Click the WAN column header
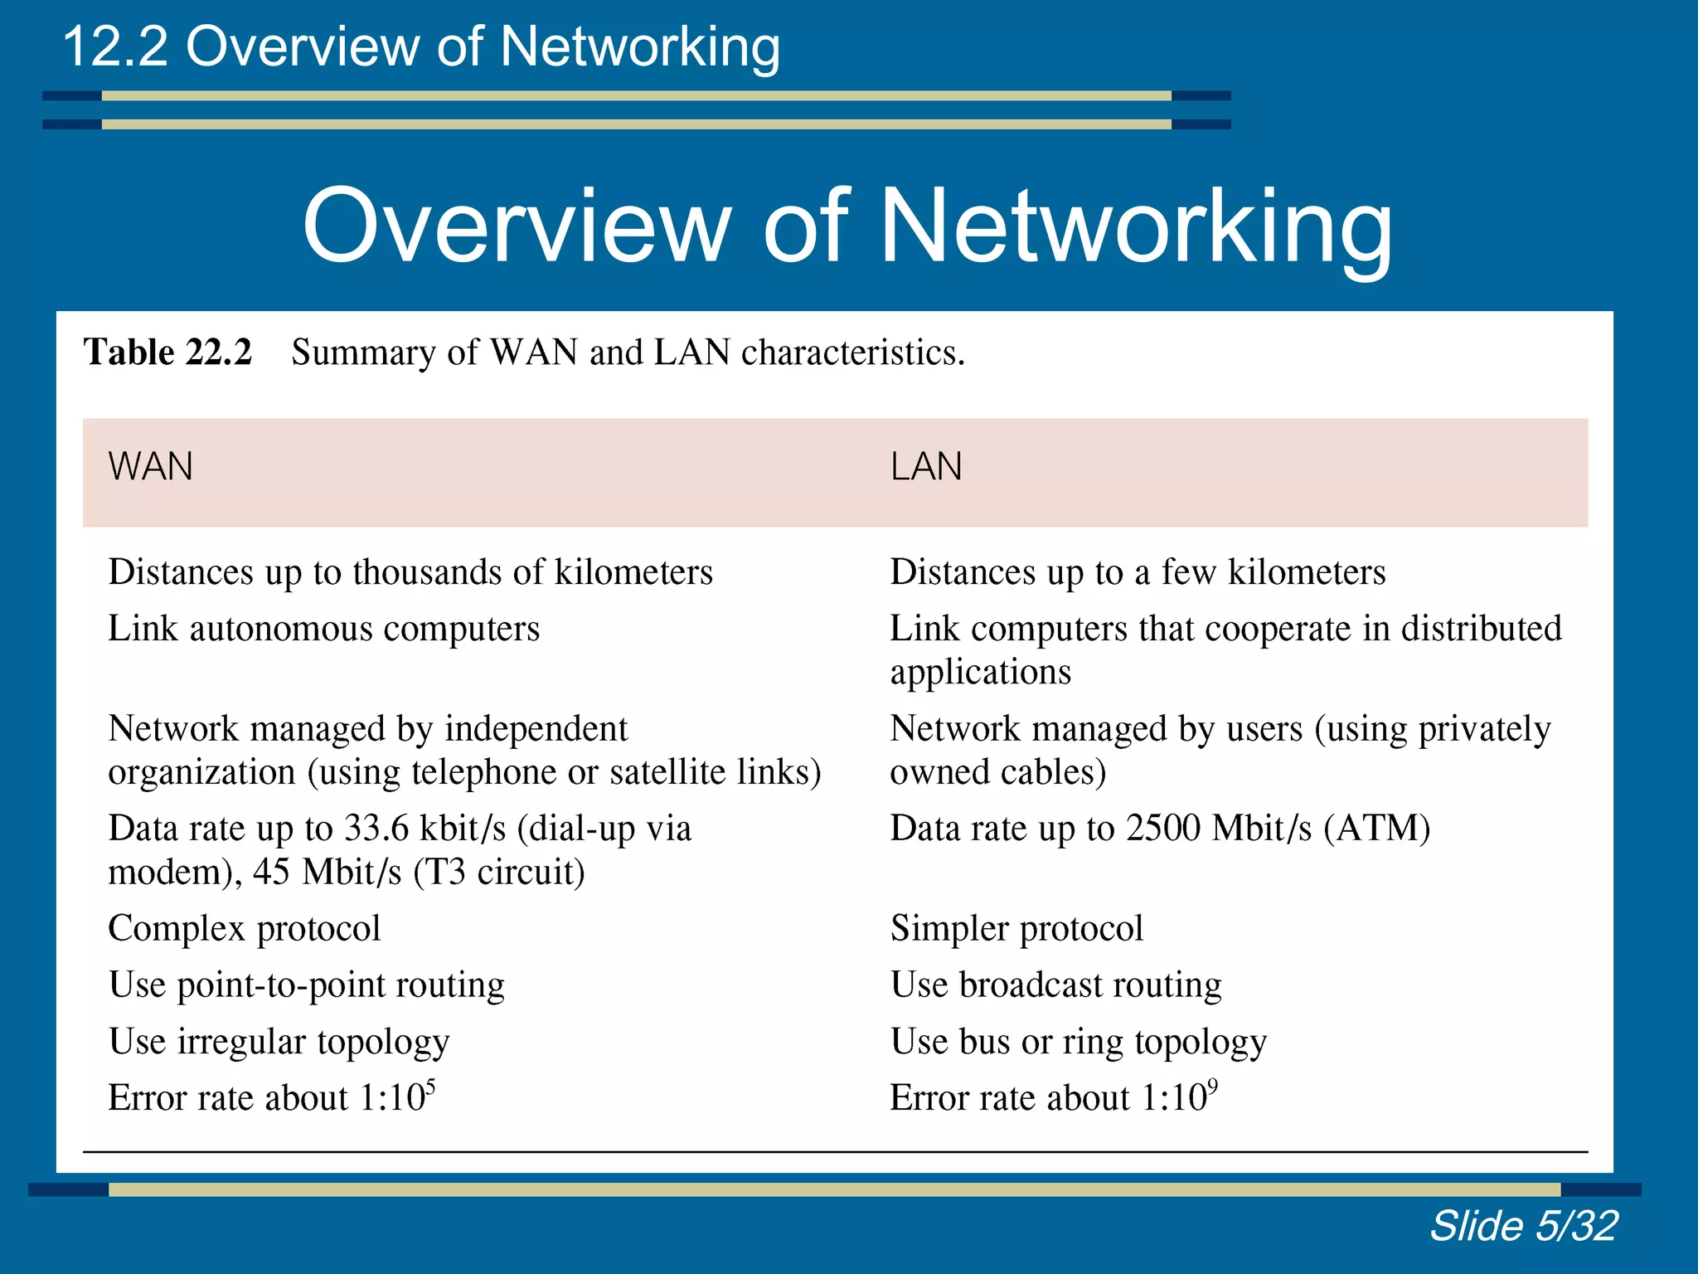(150, 466)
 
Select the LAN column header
(926, 466)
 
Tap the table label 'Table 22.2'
(167, 353)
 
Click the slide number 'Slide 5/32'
(1523, 1225)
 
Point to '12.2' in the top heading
(114, 46)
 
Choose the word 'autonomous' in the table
(281, 629)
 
